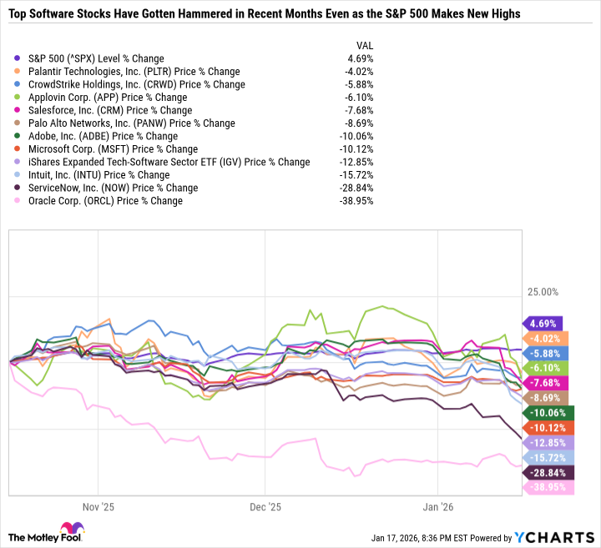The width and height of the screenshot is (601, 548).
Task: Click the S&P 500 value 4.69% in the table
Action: [x=361, y=59]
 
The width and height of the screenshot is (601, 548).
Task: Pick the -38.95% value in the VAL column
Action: [x=357, y=201]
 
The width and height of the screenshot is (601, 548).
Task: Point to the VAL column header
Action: [x=365, y=45]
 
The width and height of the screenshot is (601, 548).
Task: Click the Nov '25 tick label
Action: [x=98, y=506]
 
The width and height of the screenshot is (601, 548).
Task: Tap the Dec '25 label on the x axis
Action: [x=264, y=506]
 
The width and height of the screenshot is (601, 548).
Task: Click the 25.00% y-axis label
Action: [x=543, y=292]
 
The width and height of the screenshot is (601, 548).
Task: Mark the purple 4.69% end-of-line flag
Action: [x=543, y=324]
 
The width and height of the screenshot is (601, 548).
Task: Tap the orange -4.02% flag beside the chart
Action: [x=543, y=338]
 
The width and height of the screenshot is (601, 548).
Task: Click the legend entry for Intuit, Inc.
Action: [x=98, y=175]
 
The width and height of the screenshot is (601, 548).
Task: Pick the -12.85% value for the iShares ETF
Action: [x=357, y=162]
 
